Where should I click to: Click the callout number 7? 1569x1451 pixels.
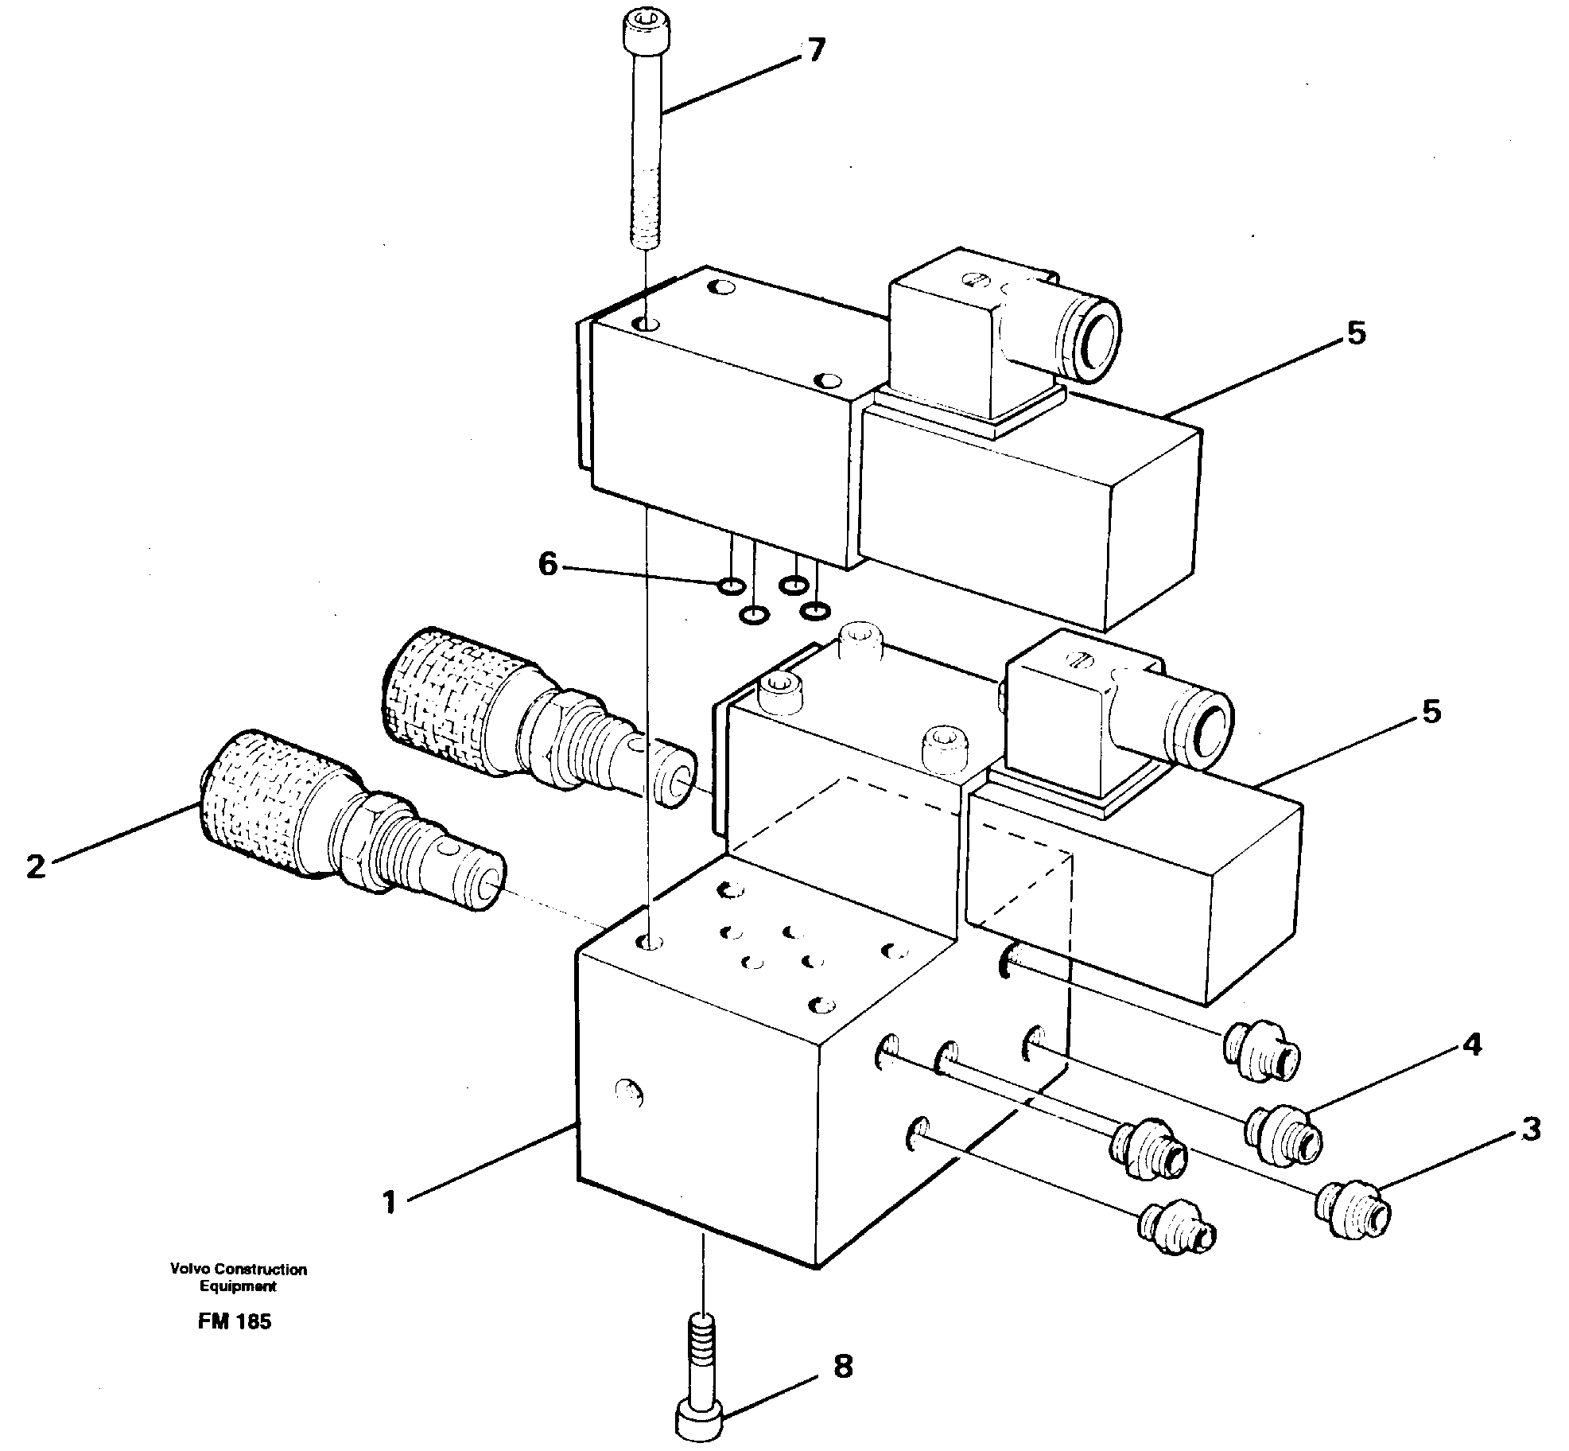pyautogui.click(x=816, y=50)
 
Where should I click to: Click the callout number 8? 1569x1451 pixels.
pyautogui.click(x=843, y=1367)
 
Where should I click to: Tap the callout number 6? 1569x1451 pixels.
pyautogui.click(x=548, y=564)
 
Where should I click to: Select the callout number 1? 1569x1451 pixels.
pyautogui.click(x=389, y=1202)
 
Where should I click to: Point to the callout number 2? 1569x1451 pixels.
pyautogui.click(x=35, y=866)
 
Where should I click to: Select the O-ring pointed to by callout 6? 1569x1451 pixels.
pyautogui.click(x=730, y=586)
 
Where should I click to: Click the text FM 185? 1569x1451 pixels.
pyautogui.click(x=235, y=1321)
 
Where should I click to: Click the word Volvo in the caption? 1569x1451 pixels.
pyautogui.click(x=188, y=1270)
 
